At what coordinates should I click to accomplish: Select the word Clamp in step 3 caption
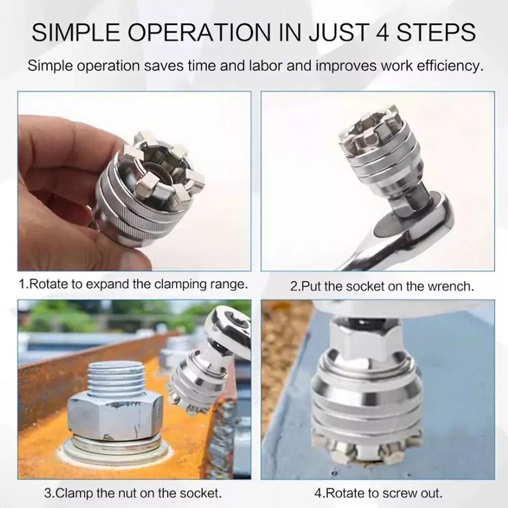(74, 493)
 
